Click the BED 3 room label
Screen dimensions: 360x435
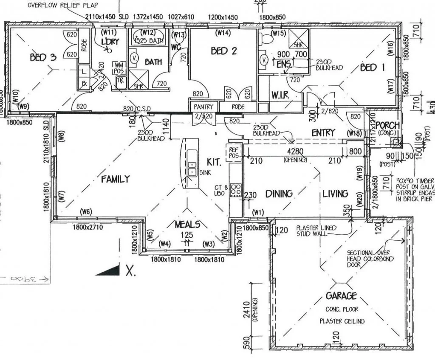point(42,57)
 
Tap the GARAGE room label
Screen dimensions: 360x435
point(341,296)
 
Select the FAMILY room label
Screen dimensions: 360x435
point(115,179)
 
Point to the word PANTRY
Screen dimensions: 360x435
point(204,107)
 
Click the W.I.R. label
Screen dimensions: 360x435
point(280,96)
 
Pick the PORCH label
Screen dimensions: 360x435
point(387,125)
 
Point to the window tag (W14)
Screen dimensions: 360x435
point(223,33)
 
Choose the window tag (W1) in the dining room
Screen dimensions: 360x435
point(258,212)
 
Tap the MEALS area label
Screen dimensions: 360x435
point(187,224)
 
